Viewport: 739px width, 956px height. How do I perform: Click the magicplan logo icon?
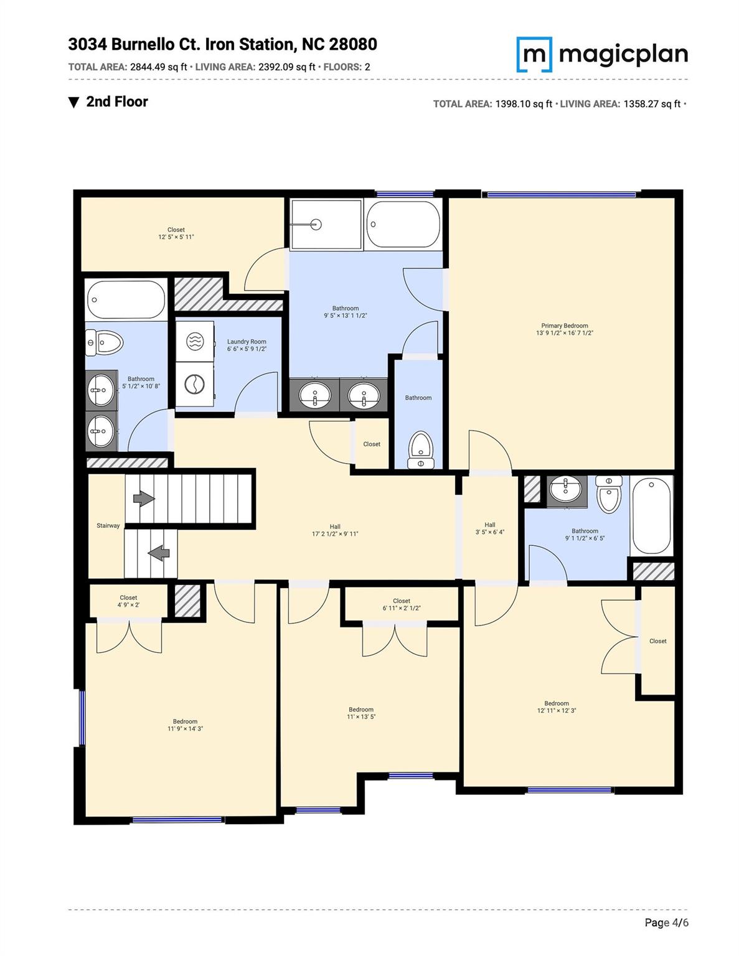pos(534,55)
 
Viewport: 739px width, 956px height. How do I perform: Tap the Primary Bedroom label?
pos(564,329)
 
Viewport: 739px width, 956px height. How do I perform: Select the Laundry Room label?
pos(247,345)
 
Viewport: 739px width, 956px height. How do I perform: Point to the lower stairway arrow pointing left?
pos(159,552)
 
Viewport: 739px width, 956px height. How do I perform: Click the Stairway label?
pos(108,526)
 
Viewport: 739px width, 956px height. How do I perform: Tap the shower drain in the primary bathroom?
pos(316,225)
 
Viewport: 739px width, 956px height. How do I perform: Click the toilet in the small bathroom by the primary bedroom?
pos(420,449)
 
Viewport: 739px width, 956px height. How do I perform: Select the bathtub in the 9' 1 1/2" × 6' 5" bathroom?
pos(652,515)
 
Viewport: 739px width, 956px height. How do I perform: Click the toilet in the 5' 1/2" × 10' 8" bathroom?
pos(105,342)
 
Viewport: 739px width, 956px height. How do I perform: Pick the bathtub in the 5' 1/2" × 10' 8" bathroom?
pos(126,299)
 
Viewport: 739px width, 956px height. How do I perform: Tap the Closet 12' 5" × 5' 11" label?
pos(176,233)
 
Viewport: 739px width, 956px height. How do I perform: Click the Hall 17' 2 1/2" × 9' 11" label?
pos(335,530)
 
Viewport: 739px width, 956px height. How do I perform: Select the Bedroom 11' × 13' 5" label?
pos(361,713)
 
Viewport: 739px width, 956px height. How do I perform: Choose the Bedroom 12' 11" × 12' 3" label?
pos(557,707)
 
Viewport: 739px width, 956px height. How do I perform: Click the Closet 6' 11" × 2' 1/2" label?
pos(402,604)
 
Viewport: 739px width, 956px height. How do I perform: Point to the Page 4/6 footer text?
pos(666,922)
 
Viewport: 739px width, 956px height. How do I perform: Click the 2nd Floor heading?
pos(117,102)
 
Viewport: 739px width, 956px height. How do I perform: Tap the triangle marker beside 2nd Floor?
pos(74,103)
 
